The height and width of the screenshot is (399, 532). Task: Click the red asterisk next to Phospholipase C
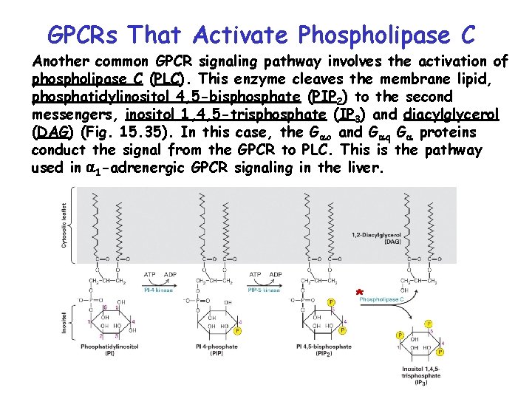tap(360, 293)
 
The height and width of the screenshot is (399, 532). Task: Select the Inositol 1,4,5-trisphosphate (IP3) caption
tap(420, 375)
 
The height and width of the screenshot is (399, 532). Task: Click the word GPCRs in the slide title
tap(81, 35)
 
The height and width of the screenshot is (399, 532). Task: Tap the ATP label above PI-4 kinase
tap(149, 274)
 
